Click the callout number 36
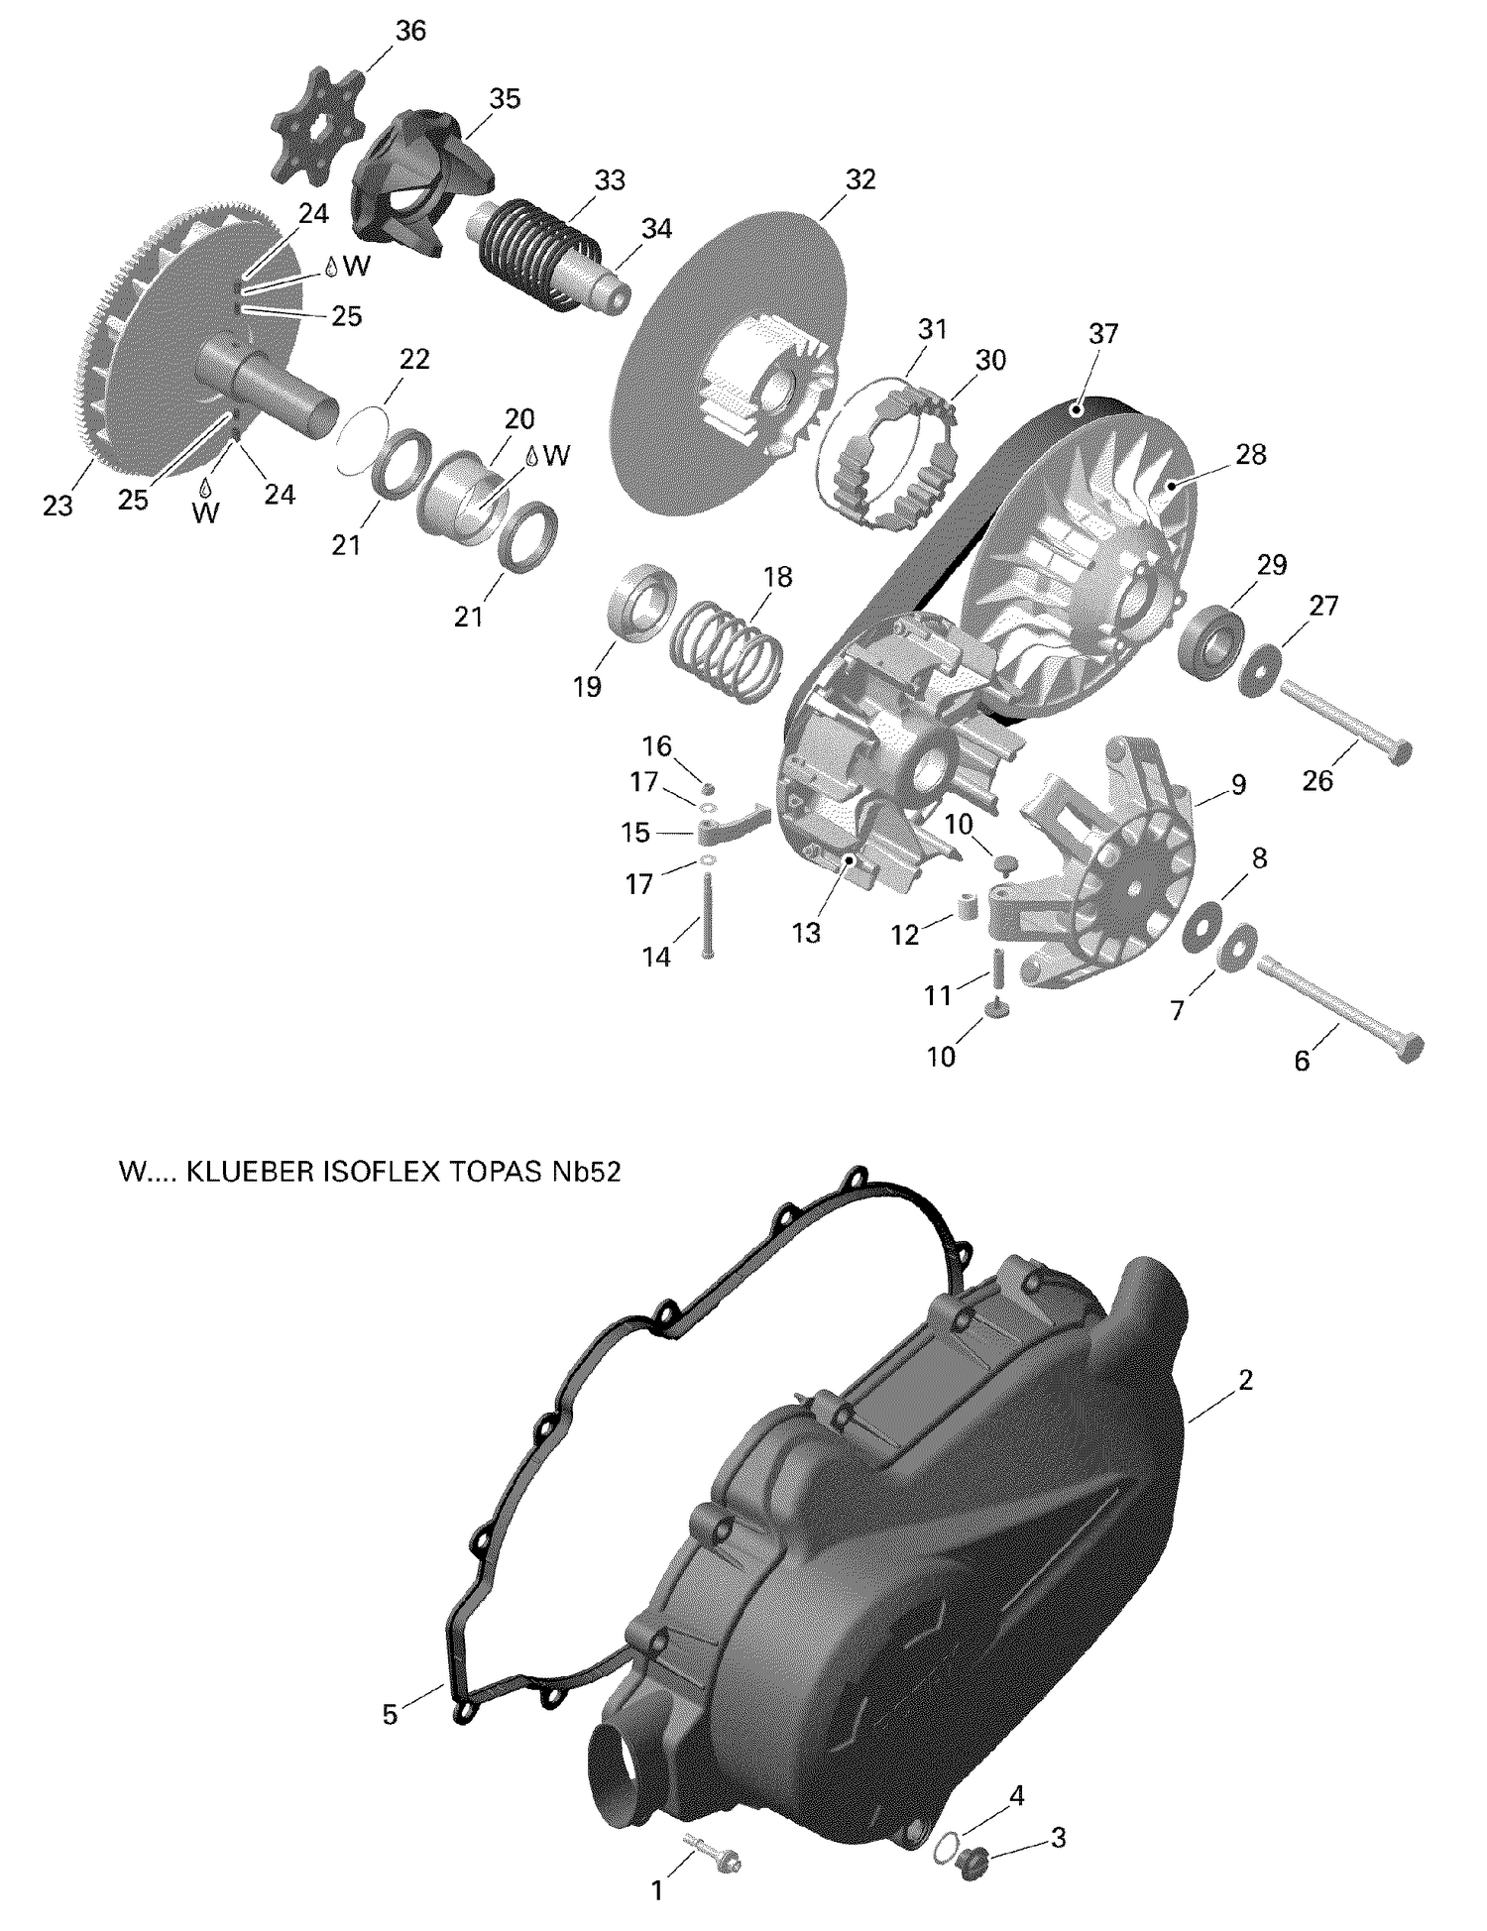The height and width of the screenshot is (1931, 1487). click(x=409, y=31)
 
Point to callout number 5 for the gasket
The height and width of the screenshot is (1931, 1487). click(x=390, y=1714)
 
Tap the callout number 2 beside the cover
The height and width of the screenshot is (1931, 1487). click(x=1246, y=1379)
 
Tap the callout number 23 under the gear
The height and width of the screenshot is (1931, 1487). click(x=57, y=507)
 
